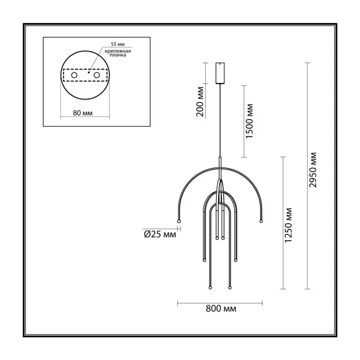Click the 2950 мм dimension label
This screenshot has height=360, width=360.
(313, 170)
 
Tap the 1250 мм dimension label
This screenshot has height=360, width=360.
(288, 225)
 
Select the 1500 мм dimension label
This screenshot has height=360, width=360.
(249, 121)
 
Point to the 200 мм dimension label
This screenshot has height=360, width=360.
(200, 102)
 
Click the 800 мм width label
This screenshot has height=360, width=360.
(221, 309)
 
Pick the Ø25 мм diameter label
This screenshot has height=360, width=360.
(160, 234)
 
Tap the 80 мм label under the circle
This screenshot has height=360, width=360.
(83, 113)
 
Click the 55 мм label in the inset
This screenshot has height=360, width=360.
(118, 44)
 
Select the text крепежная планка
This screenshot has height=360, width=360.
(118, 53)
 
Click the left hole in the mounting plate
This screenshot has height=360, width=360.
(74, 75)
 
